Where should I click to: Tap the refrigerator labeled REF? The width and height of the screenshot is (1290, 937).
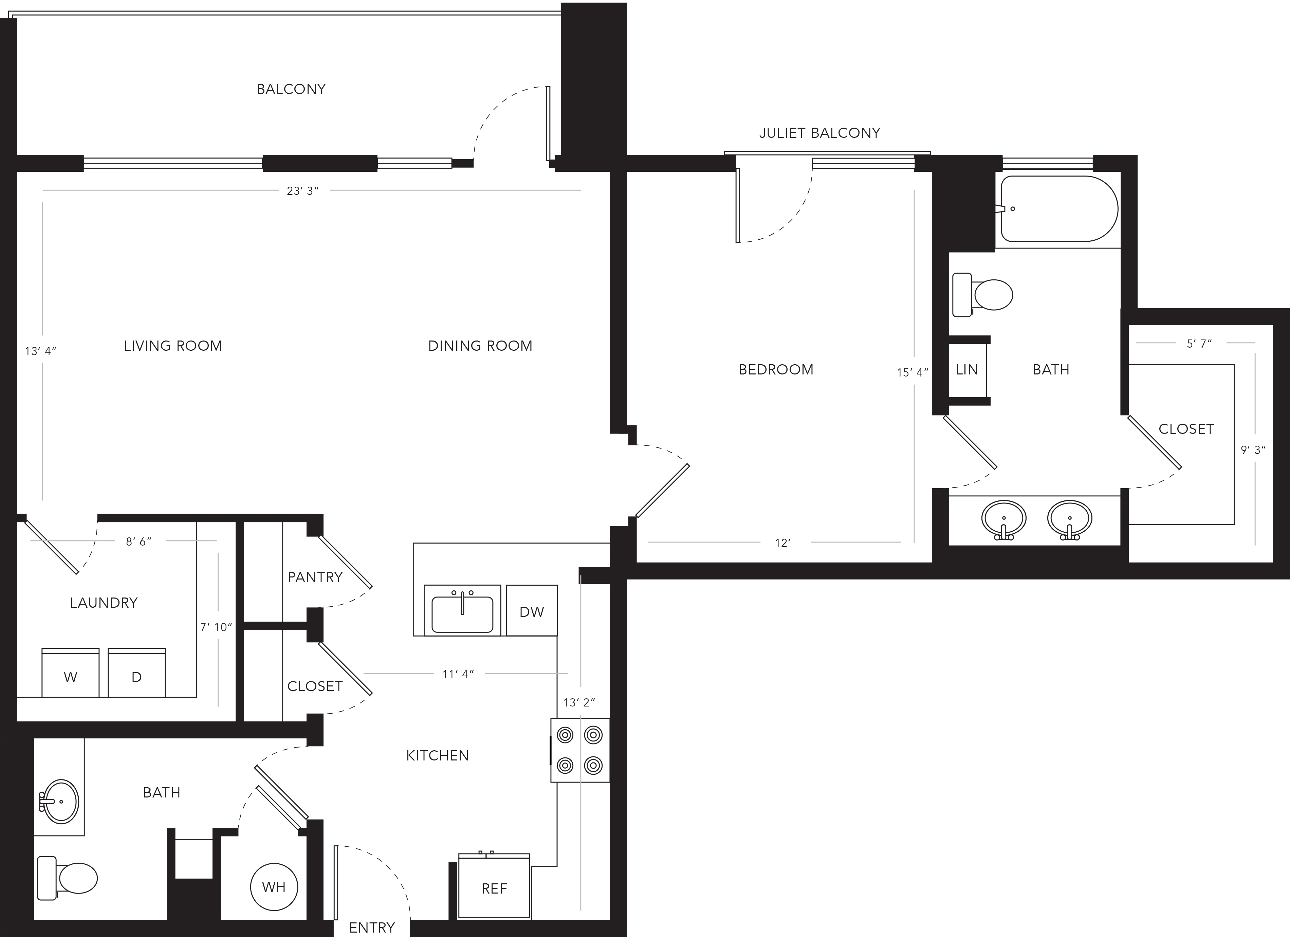coord(494,887)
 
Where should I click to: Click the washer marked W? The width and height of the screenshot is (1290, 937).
coord(71,673)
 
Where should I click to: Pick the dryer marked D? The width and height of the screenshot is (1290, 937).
coord(136,673)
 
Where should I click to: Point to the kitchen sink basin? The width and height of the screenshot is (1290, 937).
coord(462,614)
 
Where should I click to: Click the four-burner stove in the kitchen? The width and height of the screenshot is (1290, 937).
coord(579,750)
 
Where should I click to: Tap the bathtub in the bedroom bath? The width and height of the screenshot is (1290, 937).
coord(1059,209)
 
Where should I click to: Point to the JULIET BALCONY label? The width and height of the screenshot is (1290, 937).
coord(819,133)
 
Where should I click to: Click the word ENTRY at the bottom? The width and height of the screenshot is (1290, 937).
coord(372,928)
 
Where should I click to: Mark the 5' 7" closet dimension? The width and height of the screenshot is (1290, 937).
coord(1200,343)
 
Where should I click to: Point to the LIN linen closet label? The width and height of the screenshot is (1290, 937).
coord(967,370)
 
